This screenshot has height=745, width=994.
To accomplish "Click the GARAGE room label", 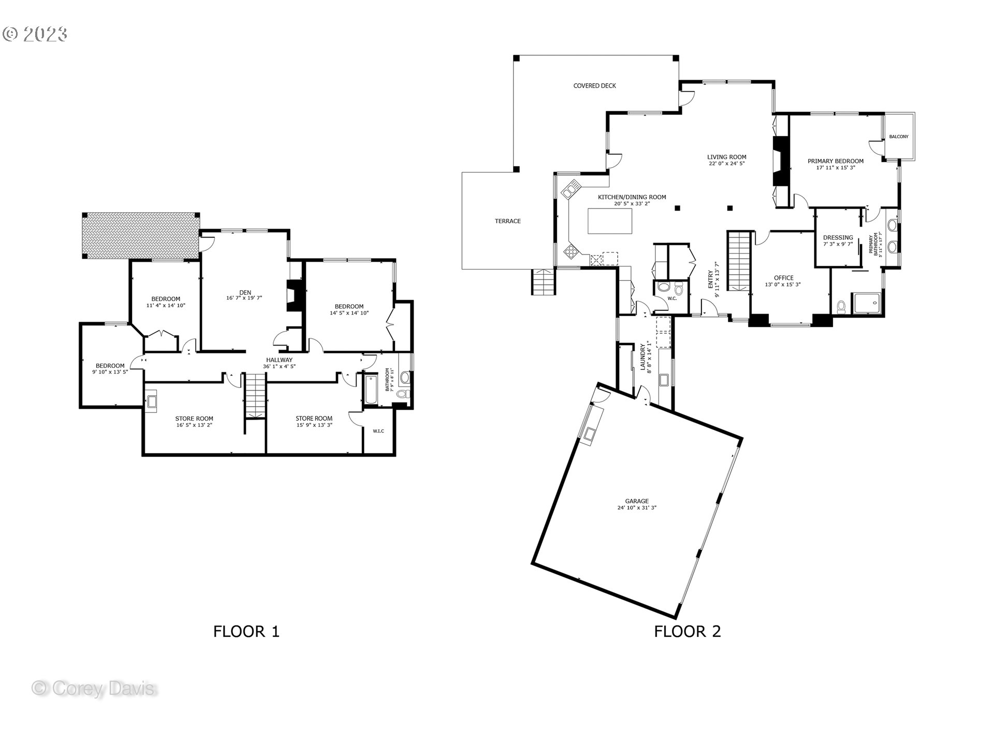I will pyautogui.click(x=636, y=501).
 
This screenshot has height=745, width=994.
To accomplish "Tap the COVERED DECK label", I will pyautogui.click(x=594, y=86).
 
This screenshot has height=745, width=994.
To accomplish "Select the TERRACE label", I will pyautogui.click(x=507, y=221).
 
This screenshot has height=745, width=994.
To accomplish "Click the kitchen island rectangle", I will pyautogui.click(x=610, y=221).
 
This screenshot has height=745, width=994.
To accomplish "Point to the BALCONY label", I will pyautogui.click(x=898, y=137).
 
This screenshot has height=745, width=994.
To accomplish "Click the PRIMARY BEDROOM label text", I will pyautogui.click(x=835, y=161).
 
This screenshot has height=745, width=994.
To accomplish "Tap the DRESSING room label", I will pyautogui.click(x=838, y=237).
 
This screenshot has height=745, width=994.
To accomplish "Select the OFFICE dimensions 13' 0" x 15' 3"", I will pyautogui.click(x=783, y=285).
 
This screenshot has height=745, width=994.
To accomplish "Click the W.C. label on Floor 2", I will pyautogui.click(x=672, y=299).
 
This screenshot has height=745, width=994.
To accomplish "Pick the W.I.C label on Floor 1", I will pyautogui.click(x=378, y=431).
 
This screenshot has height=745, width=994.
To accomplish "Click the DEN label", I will pyautogui.click(x=245, y=292).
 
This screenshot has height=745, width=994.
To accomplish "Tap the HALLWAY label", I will pyautogui.click(x=279, y=360).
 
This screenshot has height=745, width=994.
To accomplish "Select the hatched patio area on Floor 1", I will pyautogui.click(x=140, y=236).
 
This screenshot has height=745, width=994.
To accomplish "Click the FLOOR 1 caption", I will pyautogui.click(x=246, y=631).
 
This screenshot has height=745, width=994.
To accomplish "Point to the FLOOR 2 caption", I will pyautogui.click(x=687, y=631).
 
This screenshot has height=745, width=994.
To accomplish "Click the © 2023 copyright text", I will pyautogui.click(x=35, y=34).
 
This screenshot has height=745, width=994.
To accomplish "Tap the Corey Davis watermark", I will pyautogui.click(x=94, y=689).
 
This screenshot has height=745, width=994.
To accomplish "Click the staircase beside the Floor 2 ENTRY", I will pyautogui.click(x=739, y=261).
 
